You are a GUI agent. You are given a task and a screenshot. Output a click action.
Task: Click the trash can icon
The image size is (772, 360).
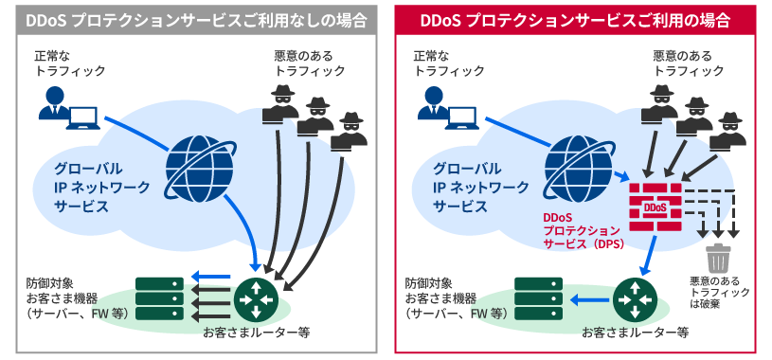719,257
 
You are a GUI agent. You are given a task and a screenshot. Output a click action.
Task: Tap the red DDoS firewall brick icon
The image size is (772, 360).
655,205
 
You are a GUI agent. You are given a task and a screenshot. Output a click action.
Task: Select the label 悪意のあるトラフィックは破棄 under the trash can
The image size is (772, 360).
721,293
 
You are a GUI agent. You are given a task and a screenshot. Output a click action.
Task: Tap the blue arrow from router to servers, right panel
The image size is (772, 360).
590,301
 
